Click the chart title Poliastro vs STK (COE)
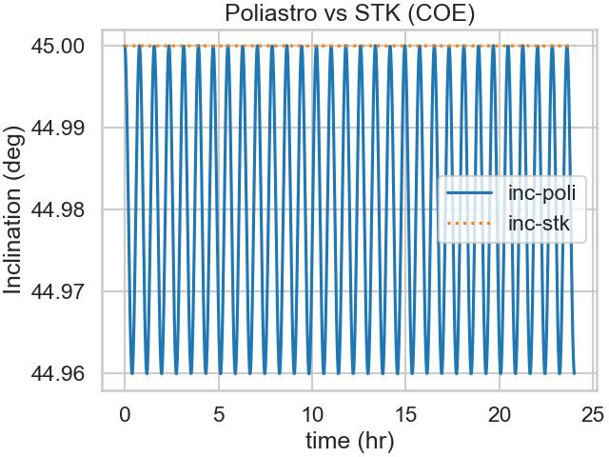coord(348,13)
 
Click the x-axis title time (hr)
coord(349,441)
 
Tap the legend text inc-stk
coord(539,225)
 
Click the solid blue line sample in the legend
coord(469,195)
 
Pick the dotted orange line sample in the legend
coord(469,225)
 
